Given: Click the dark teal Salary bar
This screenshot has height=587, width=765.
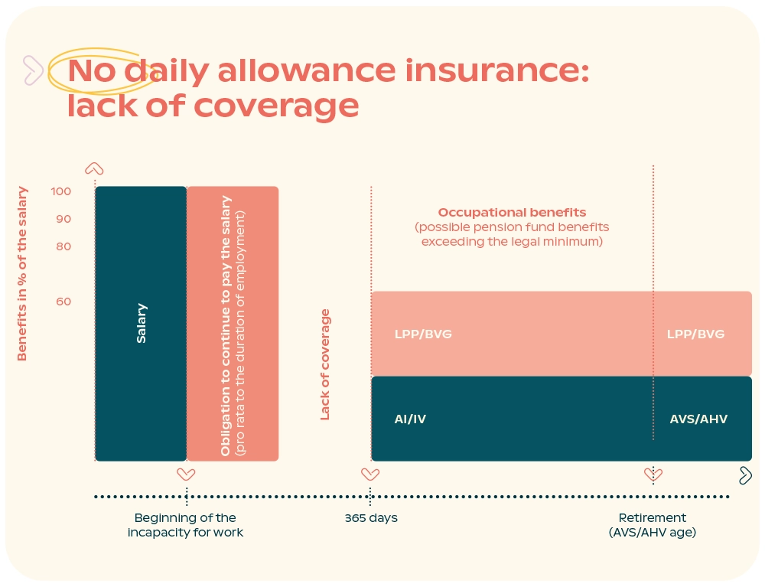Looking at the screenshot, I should pos(141,323).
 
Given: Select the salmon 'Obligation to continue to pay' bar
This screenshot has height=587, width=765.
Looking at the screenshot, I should pos(233,323).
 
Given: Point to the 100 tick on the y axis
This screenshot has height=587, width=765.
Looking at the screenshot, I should pos(62,191).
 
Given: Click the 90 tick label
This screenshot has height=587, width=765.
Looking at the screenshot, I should pos(63,219).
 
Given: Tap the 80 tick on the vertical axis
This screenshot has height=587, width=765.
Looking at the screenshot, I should pos(63,246).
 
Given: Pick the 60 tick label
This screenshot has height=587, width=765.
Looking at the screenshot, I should pos(63,302).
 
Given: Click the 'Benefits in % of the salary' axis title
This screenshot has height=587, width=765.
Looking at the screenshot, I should pos(22,273).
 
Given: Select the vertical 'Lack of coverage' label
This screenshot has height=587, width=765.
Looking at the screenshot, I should pos(325,364).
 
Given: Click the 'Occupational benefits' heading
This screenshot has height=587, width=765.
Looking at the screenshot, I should pos(512,213).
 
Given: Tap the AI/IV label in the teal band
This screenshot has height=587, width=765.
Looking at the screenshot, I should pos(410,419).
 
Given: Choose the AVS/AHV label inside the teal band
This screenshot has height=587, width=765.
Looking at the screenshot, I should pos(698,419).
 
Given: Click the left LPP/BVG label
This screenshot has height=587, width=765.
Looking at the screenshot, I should pos(423,334).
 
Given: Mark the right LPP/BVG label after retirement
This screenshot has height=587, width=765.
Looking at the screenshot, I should pos(695,334).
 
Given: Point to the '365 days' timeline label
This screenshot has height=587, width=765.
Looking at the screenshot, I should pos(371,518).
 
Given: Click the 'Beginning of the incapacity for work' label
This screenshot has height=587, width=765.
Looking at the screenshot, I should pos(186,525).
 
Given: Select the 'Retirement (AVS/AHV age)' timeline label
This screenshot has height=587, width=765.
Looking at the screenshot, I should pos(653,525).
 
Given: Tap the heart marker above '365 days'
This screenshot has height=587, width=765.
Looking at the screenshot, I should pos(370,474).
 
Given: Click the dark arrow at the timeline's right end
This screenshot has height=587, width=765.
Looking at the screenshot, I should pos(745,475).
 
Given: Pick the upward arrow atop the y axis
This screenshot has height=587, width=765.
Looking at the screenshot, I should pos(94,169).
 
